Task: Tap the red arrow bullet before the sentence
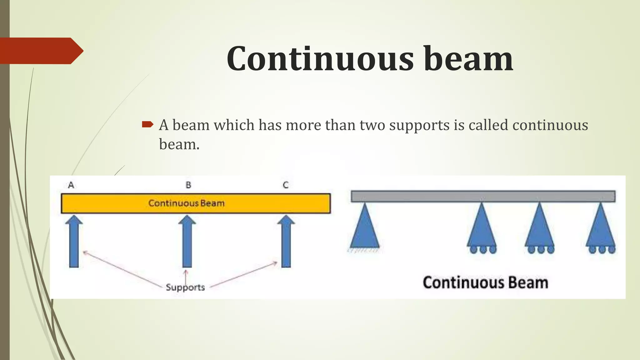[x=147, y=125]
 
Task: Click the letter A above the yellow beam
[x=71, y=185]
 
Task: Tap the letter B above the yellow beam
[x=188, y=185]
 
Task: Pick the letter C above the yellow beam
[x=286, y=185]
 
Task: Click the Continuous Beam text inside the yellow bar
[x=186, y=203]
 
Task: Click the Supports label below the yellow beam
[x=185, y=287]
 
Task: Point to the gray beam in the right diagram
[x=483, y=196]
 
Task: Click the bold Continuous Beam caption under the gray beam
[x=485, y=282]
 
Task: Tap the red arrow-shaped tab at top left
[x=41, y=51]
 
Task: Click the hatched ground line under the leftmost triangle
[x=364, y=250]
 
